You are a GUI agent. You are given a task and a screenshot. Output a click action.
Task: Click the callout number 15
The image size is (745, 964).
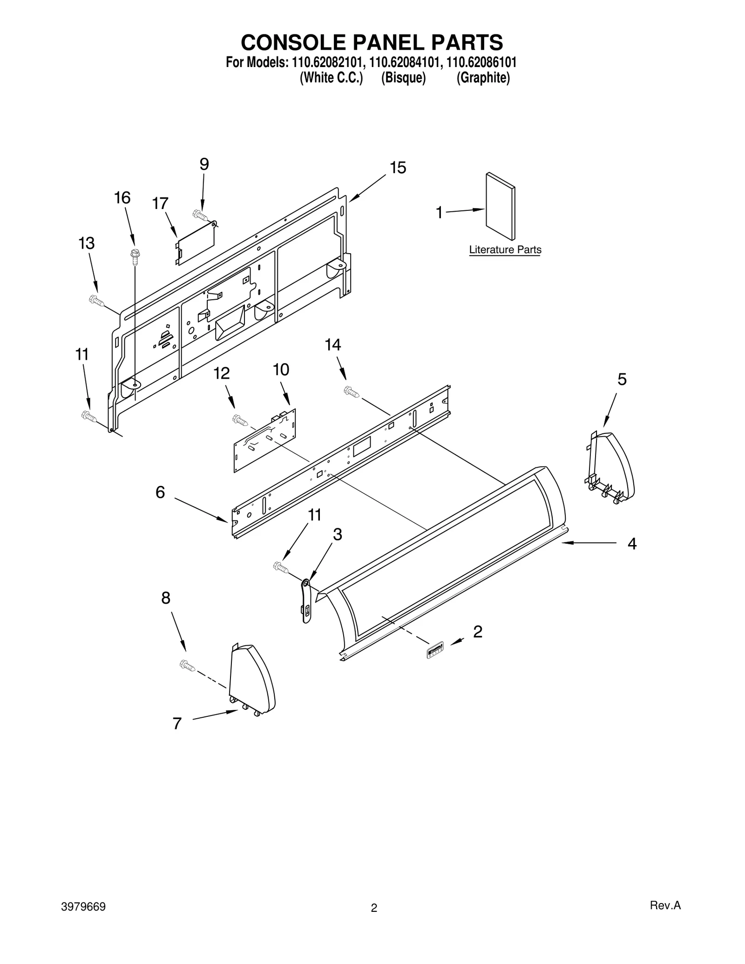click(x=398, y=168)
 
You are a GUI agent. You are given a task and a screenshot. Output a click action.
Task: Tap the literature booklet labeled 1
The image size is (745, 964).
click(x=500, y=206)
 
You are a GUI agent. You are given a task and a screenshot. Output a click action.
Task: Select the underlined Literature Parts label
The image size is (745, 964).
click(x=505, y=250)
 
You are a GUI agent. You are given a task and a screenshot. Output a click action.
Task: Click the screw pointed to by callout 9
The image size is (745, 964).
click(x=200, y=215)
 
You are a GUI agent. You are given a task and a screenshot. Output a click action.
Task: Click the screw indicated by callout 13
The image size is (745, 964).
click(x=96, y=300)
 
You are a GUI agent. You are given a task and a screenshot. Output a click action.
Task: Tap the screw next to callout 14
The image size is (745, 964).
click(x=351, y=392)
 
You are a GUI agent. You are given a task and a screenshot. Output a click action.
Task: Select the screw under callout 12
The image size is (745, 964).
click(x=240, y=421)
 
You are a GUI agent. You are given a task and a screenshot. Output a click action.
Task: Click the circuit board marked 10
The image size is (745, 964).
click(x=264, y=439)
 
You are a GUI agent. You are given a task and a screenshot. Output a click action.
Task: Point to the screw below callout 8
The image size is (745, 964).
click(x=187, y=666)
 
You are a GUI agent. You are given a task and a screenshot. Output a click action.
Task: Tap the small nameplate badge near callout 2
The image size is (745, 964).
click(x=435, y=650)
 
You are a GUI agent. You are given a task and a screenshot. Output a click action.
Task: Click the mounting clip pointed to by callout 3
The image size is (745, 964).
click(x=306, y=600)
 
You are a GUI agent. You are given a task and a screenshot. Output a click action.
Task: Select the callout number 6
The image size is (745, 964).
click(x=160, y=492)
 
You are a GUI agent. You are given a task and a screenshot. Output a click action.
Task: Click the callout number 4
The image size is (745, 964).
click(x=631, y=543)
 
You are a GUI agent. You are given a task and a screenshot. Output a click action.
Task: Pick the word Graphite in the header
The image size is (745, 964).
click(x=483, y=78)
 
